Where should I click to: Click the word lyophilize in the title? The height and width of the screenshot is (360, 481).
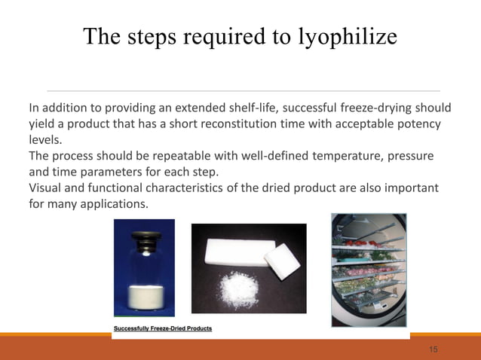(x=347, y=37)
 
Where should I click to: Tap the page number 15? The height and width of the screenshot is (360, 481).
(x=433, y=349)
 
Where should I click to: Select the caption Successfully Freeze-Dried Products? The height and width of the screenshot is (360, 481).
(x=162, y=328)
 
